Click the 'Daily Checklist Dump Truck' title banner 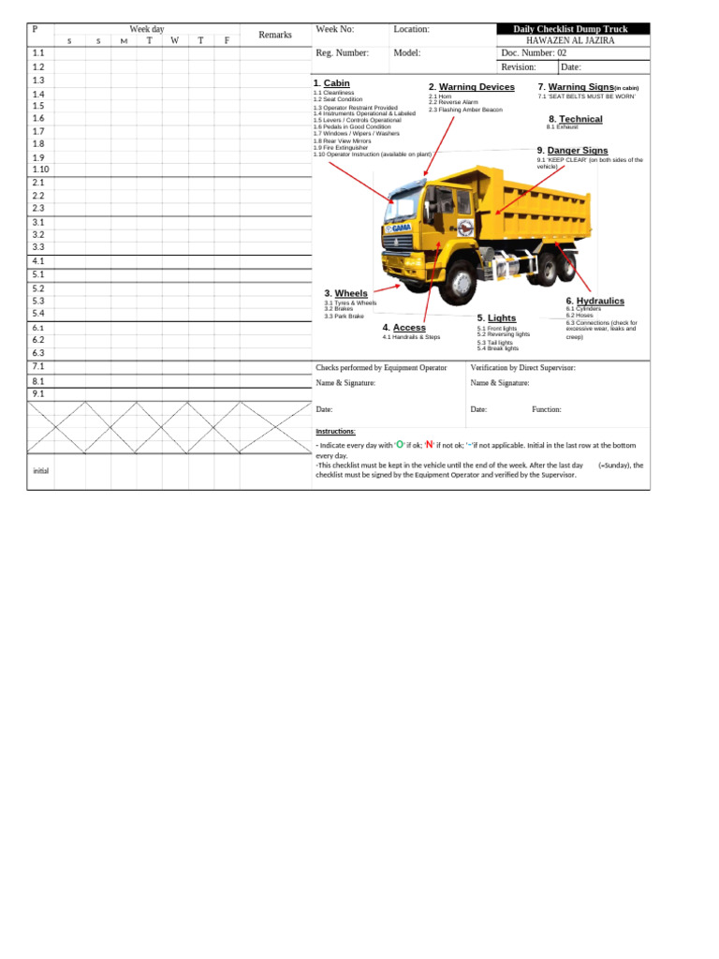(570, 29)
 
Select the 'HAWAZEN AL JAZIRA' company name (571, 41)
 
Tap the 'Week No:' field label (335, 29)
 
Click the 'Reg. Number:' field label (343, 53)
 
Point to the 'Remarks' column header (275, 35)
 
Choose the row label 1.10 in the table (40, 170)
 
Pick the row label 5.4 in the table (38, 313)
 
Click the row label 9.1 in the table (38, 394)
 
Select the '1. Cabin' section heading (331, 83)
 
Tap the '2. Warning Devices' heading (472, 87)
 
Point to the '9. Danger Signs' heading (572, 150)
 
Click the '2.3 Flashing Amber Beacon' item (465, 110)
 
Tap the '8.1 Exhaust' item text (562, 127)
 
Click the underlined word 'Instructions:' (335, 431)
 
